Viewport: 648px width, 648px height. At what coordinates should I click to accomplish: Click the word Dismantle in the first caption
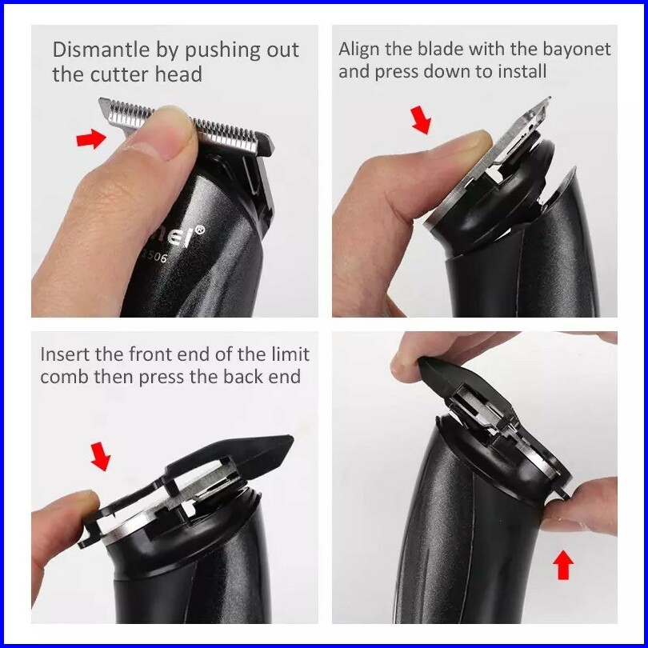(x=101, y=50)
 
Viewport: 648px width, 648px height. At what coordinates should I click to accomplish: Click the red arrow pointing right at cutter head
(x=91, y=138)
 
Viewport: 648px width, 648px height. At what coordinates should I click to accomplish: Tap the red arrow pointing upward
(x=563, y=565)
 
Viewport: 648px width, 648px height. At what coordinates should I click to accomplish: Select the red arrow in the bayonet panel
(x=421, y=120)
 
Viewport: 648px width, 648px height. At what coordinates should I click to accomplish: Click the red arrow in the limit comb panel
(x=101, y=456)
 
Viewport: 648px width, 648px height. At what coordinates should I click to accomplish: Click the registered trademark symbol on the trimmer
(x=200, y=230)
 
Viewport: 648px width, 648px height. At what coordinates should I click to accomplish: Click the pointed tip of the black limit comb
(x=292, y=438)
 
